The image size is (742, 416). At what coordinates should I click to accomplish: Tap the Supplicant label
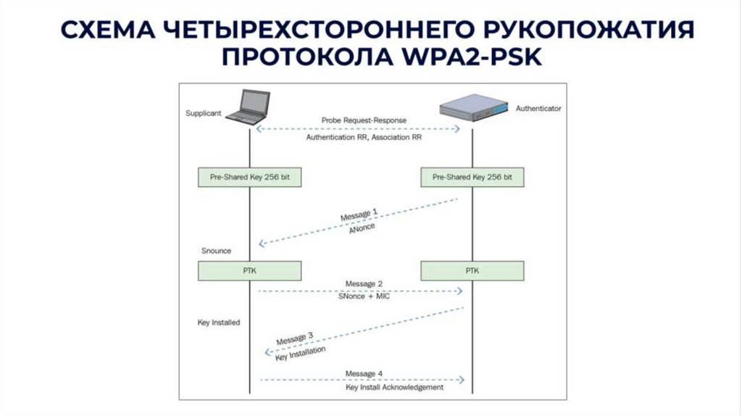click(x=203, y=114)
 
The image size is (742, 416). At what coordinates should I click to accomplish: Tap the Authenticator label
click(x=538, y=108)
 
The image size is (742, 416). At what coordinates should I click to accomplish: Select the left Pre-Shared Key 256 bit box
click(x=249, y=177)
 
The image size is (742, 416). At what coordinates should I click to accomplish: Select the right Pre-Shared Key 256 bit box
click(x=472, y=177)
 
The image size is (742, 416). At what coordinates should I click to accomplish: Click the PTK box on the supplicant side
click(x=249, y=271)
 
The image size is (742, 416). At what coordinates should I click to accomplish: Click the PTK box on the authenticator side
click(x=472, y=271)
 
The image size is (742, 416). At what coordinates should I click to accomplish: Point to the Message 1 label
click(x=359, y=216)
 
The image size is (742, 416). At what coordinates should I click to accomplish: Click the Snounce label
click(x=216, y=251)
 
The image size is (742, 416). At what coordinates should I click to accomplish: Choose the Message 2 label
click(x=364, y=283)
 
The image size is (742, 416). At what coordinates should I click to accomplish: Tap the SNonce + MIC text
click(x=364, y=297)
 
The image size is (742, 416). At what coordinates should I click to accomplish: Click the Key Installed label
click(x=219, y=322)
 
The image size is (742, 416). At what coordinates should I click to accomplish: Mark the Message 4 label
click(x=364, y=373)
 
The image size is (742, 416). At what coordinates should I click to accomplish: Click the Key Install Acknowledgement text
click(x=394, y=387)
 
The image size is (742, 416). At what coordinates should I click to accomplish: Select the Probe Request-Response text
click(x=364, y=120)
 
